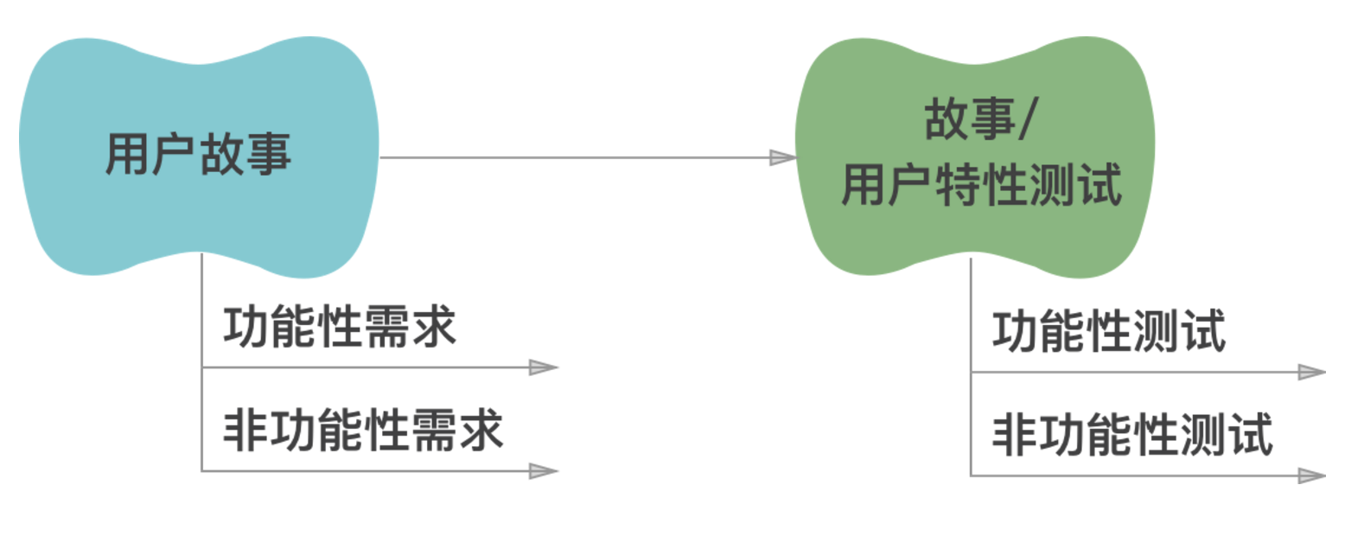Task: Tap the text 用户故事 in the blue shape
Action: (198, 155)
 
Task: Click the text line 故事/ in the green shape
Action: (980, 119)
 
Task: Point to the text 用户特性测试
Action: (982, 185)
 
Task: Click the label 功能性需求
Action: (339, 328)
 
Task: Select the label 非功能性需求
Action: (363, 431)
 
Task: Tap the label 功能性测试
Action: (1109, 332)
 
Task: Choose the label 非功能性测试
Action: (1132, 435)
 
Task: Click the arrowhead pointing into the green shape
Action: (782, 157)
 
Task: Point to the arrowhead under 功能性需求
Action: (544, 367)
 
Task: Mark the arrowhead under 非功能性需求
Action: (544, 471)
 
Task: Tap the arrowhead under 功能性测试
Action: (1311, 373)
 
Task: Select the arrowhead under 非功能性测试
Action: (1311, 475)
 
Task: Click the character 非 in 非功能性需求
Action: (245, 431)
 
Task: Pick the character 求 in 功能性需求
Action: (433, 328)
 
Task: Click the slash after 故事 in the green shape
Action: (1026, 119)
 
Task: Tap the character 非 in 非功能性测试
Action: (1015, 435)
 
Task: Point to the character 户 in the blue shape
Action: (175, 155)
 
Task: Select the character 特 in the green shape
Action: (958, 185)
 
